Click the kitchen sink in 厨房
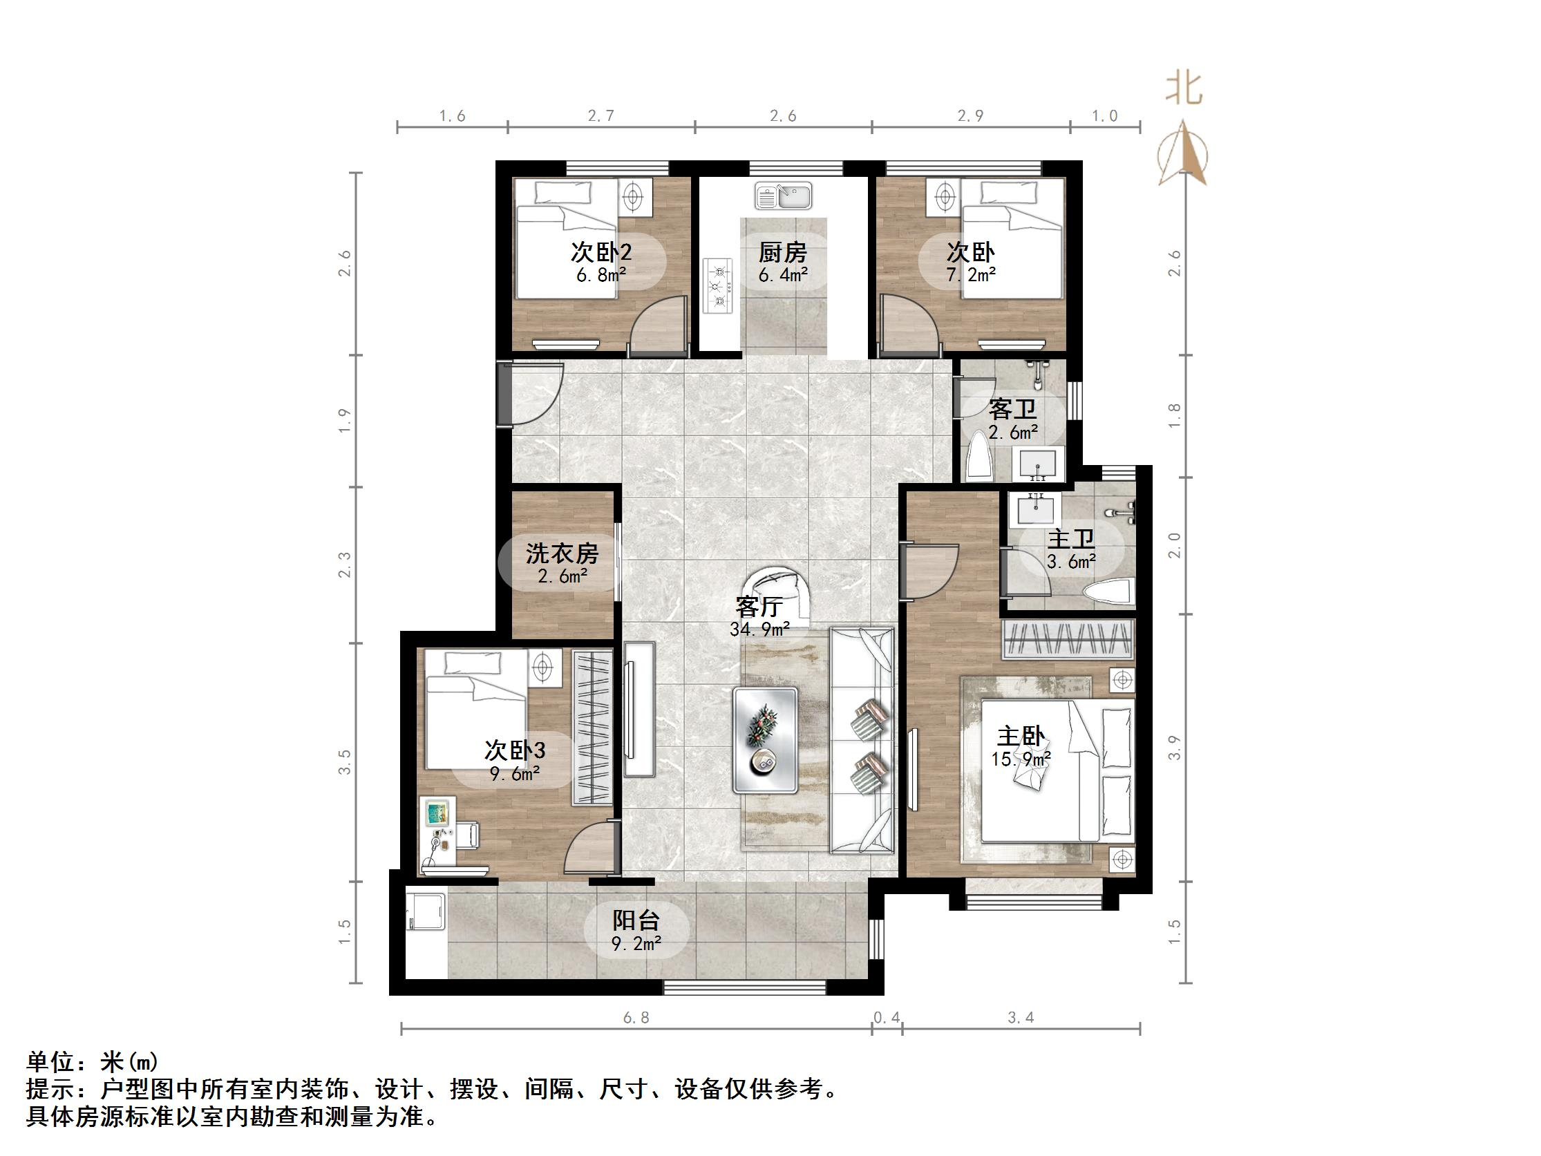click(x=783, y=196)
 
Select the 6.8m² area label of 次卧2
click(x=601, y=275)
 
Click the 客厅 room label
click(x=759, y=607)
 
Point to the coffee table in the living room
click(x=764, y=739)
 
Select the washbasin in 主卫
click(x=1036, y=508)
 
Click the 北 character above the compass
click(x=1184, y=90)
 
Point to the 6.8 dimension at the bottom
click(x=635, y=1018)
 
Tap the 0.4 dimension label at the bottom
click(x=886, y=1018)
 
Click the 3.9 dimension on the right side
click(x=1175, y=748)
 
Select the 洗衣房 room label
click(x=562, y=554)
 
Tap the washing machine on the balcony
click(x=425, y=909)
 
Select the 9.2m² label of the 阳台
click(x=636, y=944)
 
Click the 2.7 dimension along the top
click(x=601, y=115)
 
